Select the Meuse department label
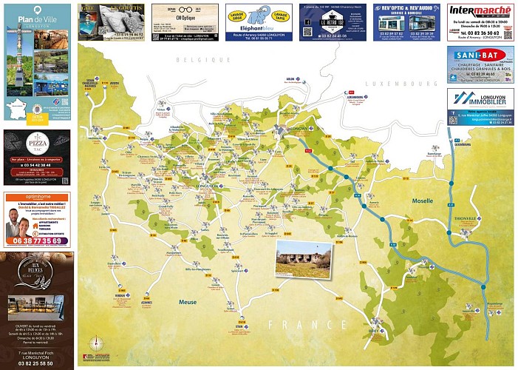187,302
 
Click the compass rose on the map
95,343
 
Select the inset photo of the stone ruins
303,259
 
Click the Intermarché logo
480,12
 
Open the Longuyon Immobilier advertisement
480,107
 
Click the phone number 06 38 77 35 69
36,240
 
